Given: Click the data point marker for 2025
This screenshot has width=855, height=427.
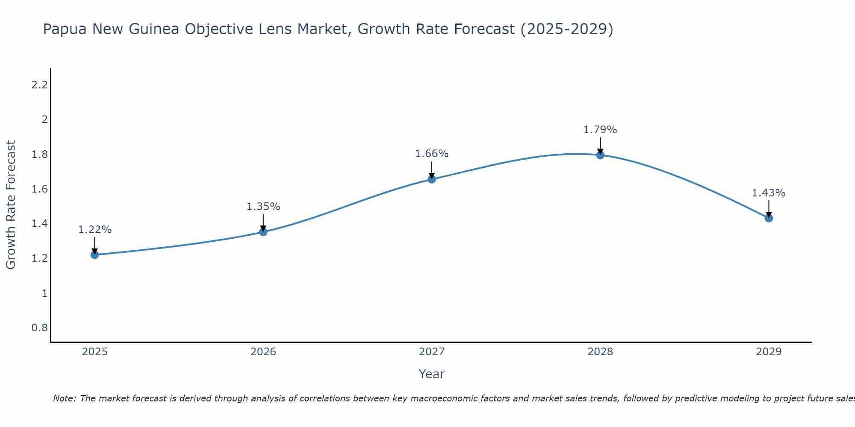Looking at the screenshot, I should pyautogui.click(x=94, y=255).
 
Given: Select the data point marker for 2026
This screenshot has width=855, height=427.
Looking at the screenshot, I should pyautogui.click(x=263, y=232).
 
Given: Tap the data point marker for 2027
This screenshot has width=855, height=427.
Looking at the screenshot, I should pyautogui.click(x=432, y=179).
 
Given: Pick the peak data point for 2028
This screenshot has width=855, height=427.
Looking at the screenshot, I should pyautogui.click(x=600, y=155).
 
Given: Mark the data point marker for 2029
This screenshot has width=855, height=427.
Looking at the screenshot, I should pyautogui.click(x=769, y=218).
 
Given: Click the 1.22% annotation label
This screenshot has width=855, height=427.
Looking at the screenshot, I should pyautogui.click(x=95, y=230).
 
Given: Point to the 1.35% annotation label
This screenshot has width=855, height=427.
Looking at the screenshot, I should pyautogui.click(x=263, y=207).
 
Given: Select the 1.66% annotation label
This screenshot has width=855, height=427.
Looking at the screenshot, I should pyautogui.click(x=432, y=154).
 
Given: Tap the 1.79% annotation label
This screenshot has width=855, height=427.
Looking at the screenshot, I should pyautogui.click(x=600, y=130).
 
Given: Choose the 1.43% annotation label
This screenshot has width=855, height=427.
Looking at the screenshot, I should pyautogui.click(x=769, y=193).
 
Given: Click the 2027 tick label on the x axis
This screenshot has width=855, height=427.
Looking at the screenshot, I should pyautogui.click(x=432, y=352).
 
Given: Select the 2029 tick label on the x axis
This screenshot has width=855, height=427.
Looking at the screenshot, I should pyautogui.click(x=769, y=352).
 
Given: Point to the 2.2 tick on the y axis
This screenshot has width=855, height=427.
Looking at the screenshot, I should pyautogui.click(x=39, y=85).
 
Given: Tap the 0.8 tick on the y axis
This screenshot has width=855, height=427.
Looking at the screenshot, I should pyautogui.click(x=39, y=328).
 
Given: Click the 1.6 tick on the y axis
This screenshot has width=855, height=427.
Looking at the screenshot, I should pyautogui.click(x=39, y=189).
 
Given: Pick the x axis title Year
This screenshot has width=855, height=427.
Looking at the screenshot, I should pyautogui.click(x=432, y=374).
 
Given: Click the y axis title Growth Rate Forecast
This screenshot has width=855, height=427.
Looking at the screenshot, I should pyautogui.click(x=11, y=205).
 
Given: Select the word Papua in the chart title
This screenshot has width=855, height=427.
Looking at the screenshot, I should pyautogui.click(x=65, y=29).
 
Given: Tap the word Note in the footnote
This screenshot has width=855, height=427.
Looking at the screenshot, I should pyautogui.click(x=64, y=398).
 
